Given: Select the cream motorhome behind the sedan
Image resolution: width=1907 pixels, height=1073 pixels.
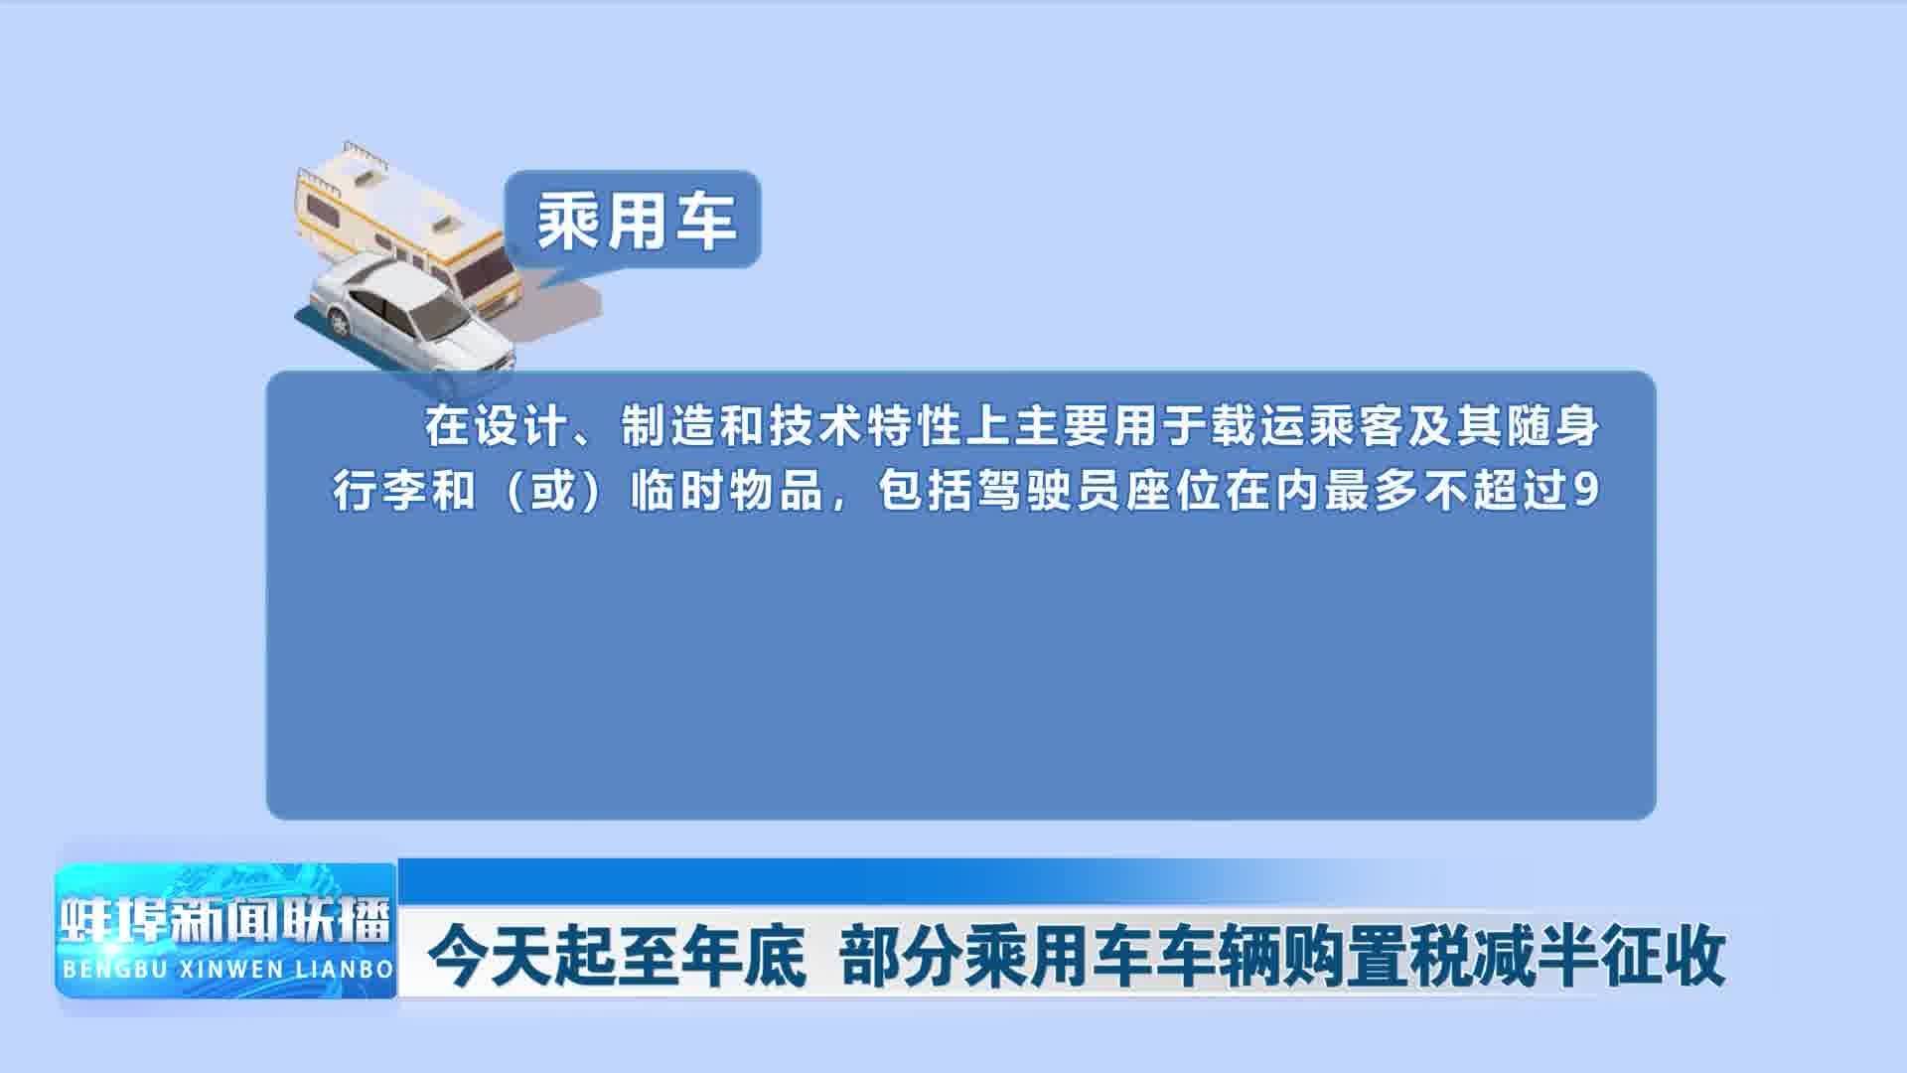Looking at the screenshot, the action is click(x=407, y=224).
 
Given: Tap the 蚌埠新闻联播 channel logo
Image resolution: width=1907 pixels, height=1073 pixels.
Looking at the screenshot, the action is click(x=226, y=921).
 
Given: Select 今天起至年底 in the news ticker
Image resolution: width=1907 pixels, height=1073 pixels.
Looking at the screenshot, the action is click(x=617, y=957).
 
